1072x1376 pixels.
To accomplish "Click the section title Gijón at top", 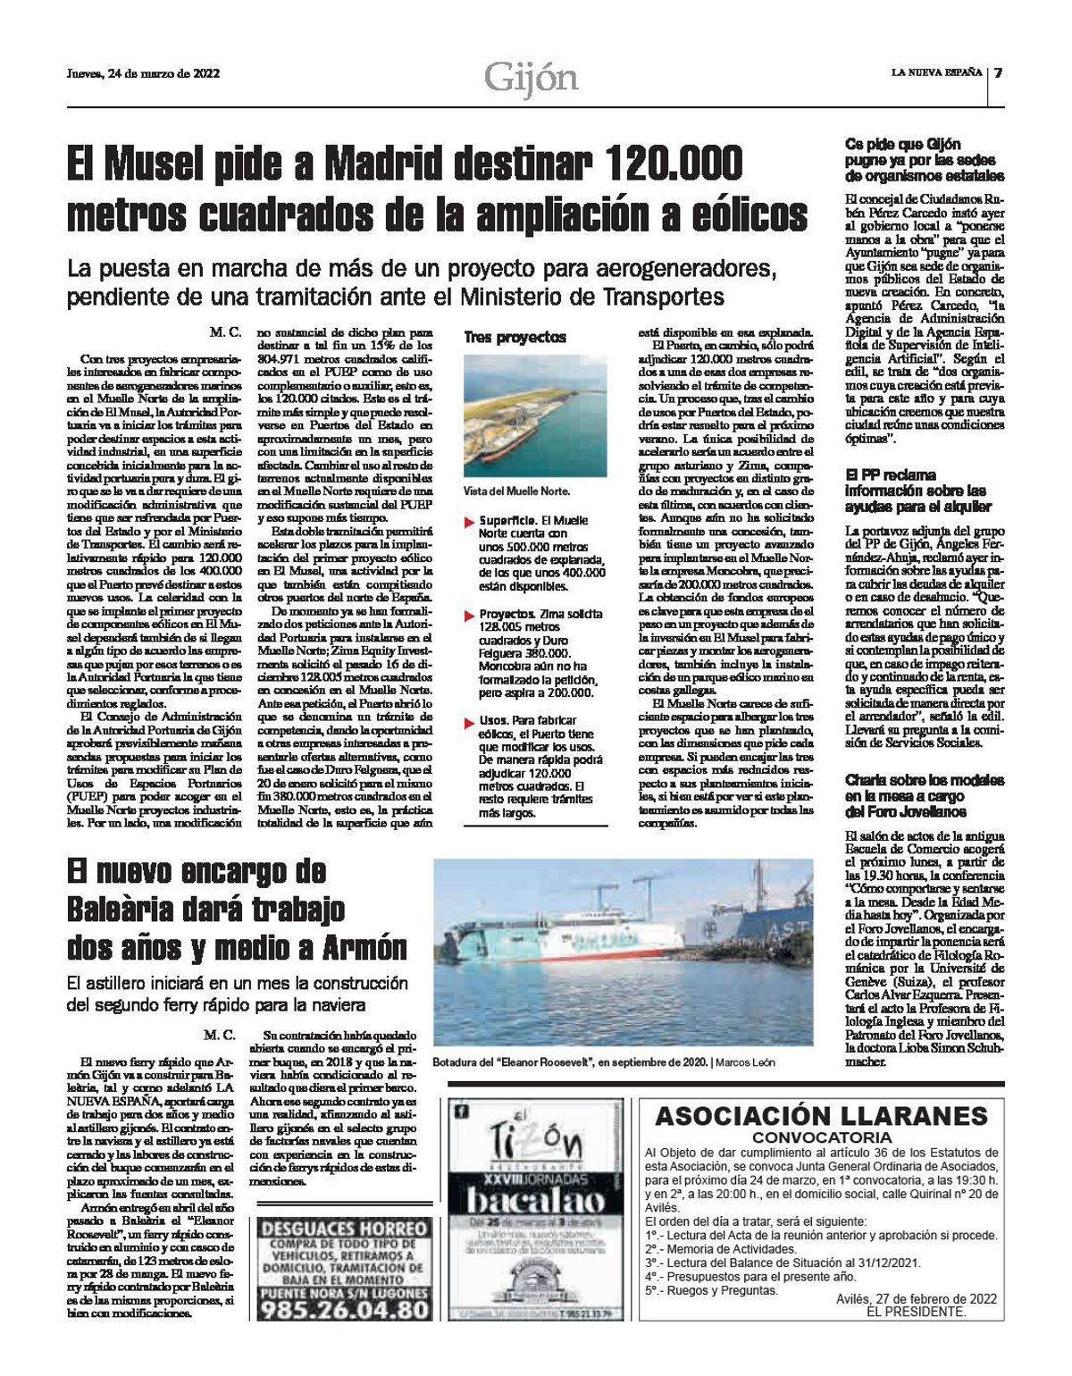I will click(x=532, y=79).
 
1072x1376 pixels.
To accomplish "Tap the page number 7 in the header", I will click(x=999, y=73).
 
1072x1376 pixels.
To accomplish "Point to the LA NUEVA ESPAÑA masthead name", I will click(x=935, y=72).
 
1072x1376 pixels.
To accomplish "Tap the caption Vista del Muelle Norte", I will click(x=515, y=491).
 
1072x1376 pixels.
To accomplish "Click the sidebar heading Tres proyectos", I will click(x=515, y=338).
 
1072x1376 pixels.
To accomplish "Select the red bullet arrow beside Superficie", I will click(x=469, y=521).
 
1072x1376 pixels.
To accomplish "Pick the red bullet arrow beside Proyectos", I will click(x=469, y=616).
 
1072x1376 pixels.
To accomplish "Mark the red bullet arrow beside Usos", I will click(x=469, y=721).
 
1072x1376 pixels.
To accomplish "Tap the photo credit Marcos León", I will click(x=743, y=1062).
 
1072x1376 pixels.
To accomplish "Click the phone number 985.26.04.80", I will click(x=343, y=1310).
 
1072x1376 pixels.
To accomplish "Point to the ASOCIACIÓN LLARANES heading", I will click(x=822, y=1116).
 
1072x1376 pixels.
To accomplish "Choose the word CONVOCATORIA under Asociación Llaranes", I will click(x=822, y=1137).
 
